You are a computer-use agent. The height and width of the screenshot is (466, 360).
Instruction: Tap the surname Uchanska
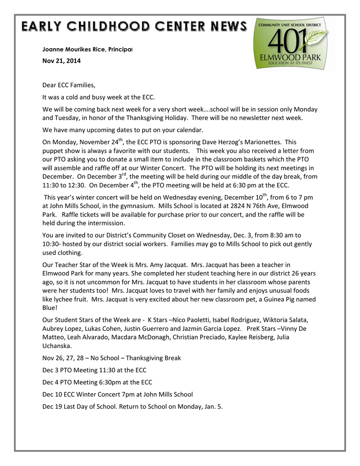tap(57, 345)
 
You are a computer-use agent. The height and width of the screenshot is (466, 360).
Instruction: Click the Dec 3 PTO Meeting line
tap(94, 370)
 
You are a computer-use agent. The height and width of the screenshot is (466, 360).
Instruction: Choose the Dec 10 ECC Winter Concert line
tap(117, 394)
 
